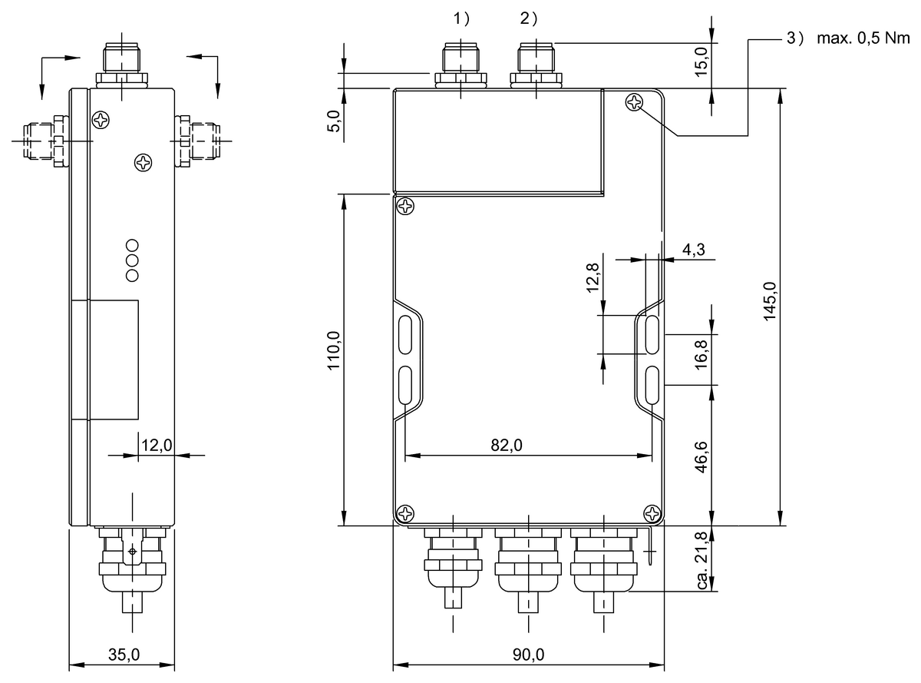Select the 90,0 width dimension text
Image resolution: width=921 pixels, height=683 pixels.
(528, 655)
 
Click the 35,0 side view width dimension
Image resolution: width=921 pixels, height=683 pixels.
(123, 655)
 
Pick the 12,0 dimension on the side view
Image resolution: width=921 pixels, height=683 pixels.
(156, 444)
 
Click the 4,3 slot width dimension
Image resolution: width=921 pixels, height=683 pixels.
(693, 250)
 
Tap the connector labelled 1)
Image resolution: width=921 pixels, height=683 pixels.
(460, 61)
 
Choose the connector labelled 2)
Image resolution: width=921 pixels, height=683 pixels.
(534, 61)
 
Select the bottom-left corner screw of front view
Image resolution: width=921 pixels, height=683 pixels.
(405, 513)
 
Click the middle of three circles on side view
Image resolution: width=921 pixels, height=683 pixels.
(132, 260)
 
